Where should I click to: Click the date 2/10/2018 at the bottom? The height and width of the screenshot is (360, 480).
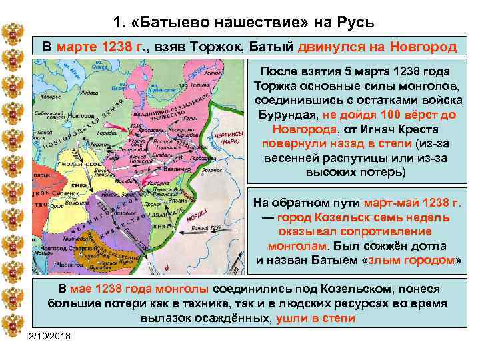click(x=50, y=334)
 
